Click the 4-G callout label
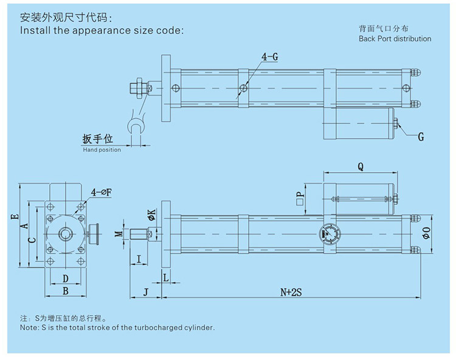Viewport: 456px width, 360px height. [270, 57]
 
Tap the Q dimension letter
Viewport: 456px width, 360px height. [360, 165]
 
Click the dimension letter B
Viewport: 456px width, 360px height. [66, 291]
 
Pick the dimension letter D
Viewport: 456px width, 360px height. [66, 279]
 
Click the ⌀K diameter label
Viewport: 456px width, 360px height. [151, 214]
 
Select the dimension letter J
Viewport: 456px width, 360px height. [145, 292]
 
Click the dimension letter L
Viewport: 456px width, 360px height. [166, 277]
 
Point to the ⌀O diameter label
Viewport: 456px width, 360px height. [426, 232]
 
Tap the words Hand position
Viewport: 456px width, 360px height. [102, 150]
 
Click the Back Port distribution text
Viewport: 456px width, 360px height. [395, 39]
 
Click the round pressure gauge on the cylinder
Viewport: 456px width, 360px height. [330, 233]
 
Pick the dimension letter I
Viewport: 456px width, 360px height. [139, 260]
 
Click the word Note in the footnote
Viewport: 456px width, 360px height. [28, 327]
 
